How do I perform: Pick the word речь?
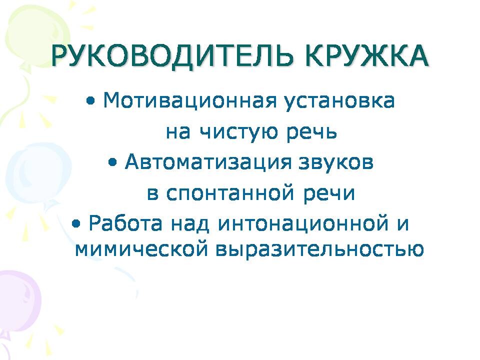[312, 132]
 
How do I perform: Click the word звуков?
[336, 162]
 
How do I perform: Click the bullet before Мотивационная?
[90, 101]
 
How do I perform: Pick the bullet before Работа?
[76, 224]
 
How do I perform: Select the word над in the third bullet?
[190, 224]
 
